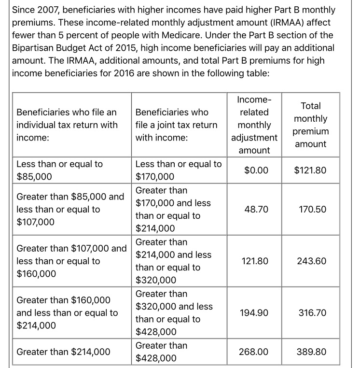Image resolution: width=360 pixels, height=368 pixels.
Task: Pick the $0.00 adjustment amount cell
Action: click(256, 170)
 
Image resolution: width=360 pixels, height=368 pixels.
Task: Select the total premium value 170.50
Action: click(313, 210)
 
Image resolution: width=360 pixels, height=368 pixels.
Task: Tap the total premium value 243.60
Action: click(313, 261)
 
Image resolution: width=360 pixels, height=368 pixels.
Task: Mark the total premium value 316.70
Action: click(313, 313)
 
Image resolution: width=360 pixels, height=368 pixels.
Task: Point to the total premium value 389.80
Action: click(313, 352)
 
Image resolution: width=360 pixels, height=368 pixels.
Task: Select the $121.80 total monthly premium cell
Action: click(310, 170)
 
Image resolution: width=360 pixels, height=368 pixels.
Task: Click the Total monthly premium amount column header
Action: click(311, 125)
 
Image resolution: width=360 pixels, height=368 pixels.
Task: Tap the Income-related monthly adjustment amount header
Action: click(254, 125)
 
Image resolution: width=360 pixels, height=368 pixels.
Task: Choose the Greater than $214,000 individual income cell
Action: click(63, 352)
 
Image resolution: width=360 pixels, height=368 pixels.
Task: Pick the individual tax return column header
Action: click(67, 125)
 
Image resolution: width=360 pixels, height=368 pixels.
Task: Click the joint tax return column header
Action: click(176, 125)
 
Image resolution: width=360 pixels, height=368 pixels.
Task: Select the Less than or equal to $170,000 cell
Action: click(179, 170)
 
